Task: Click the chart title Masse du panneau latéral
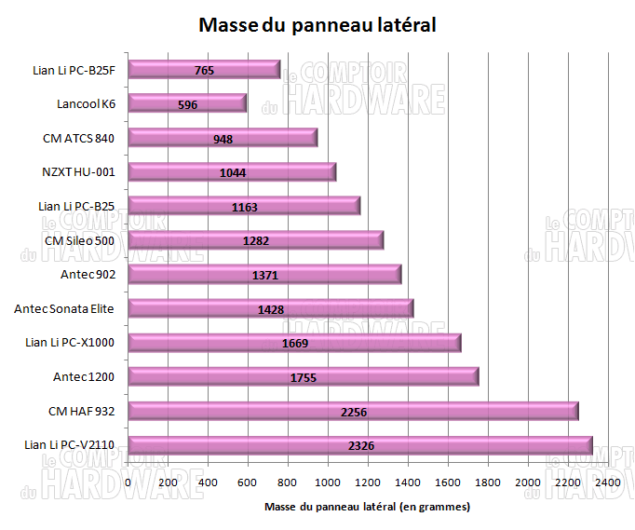(317, 25)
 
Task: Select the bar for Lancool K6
(187, 103)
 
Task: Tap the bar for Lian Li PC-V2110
(359, 445)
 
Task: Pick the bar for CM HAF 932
(353, 411)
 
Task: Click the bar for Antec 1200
(303, 376)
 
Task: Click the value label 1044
(233, 173)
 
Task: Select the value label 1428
(271, 309)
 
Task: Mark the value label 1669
(295, 343)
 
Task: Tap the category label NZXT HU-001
(78, 171)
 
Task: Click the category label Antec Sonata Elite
(64, 308)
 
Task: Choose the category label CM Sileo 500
(79, 240)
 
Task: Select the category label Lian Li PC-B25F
(72, 69)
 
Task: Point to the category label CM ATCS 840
(79, 138)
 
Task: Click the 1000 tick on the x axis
(328, 482)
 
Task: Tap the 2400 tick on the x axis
(608, 482)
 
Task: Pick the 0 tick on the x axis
(128, 482)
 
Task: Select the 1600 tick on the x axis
(448, 482)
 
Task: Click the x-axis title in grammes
(367, 508)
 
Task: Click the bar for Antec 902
(264, 274)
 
